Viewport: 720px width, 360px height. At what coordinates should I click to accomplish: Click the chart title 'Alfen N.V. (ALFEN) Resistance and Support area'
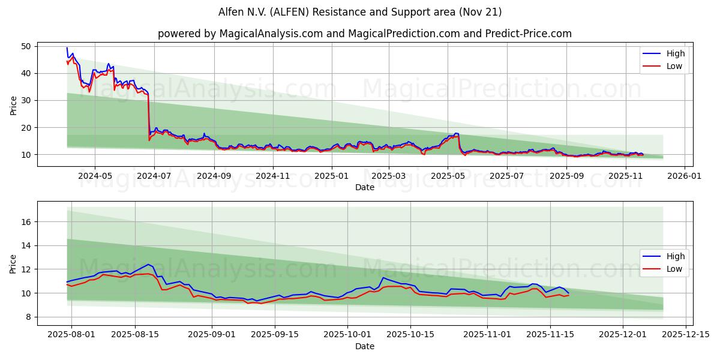click(360, 12)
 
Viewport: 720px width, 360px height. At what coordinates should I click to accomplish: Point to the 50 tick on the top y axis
click(26, 46)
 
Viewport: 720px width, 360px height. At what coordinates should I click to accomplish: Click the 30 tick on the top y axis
click(26, 100)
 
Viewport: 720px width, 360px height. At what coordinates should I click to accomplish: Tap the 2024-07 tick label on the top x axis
click(154, 176)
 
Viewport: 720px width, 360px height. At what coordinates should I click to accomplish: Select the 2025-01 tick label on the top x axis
click(331, 176)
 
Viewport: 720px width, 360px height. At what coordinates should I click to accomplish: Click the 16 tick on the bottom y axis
click(26, 222)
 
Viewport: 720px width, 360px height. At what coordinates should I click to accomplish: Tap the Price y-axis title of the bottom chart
click(13, 263)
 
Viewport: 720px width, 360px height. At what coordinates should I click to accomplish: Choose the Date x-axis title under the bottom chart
click(365, 346)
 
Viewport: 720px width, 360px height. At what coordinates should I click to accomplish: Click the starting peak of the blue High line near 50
click(67, 48)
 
